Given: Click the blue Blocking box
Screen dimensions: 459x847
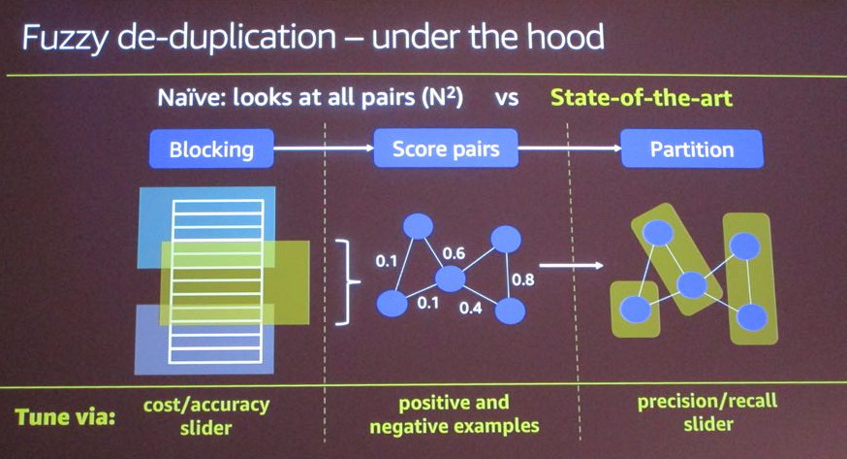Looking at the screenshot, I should pyautogui.click(x=211, y=149).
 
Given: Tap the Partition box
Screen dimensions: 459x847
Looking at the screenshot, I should pyautogui.click(x=692, y=149).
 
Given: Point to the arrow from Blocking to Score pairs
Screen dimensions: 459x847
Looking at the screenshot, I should pyautogui.click(x=324, y=149).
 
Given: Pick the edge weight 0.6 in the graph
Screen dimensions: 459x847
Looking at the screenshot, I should pyautogui.click(x=455, y=253).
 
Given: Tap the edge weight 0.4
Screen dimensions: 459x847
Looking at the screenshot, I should pyautogui.click(x=471, y=309).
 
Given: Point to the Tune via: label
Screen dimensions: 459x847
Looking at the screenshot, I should pyautogui.click(x=64, y=418).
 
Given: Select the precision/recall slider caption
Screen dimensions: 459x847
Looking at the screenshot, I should pyautogui.click(x=706, y=414).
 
